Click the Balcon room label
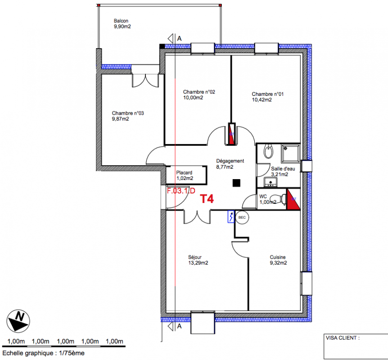(121, 21)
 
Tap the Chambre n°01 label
(268, 94)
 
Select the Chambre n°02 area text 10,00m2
(193, 98)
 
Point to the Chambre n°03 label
(128, 113)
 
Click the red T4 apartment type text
(207, 199)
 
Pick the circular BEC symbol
(242, 217)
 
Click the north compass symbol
(18, 321)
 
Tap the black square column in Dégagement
(237, 183)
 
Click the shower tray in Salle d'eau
(290, 153)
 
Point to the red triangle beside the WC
(292, 200)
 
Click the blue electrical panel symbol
(231, 217)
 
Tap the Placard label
(184, 173)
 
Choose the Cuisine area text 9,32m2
(278, 263)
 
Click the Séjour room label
(195, 257)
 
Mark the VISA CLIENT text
(343, 338)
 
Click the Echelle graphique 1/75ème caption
(44, 353)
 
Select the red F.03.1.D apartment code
(181, 191)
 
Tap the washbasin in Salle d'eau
(271, 182)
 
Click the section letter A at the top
(180, 39)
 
